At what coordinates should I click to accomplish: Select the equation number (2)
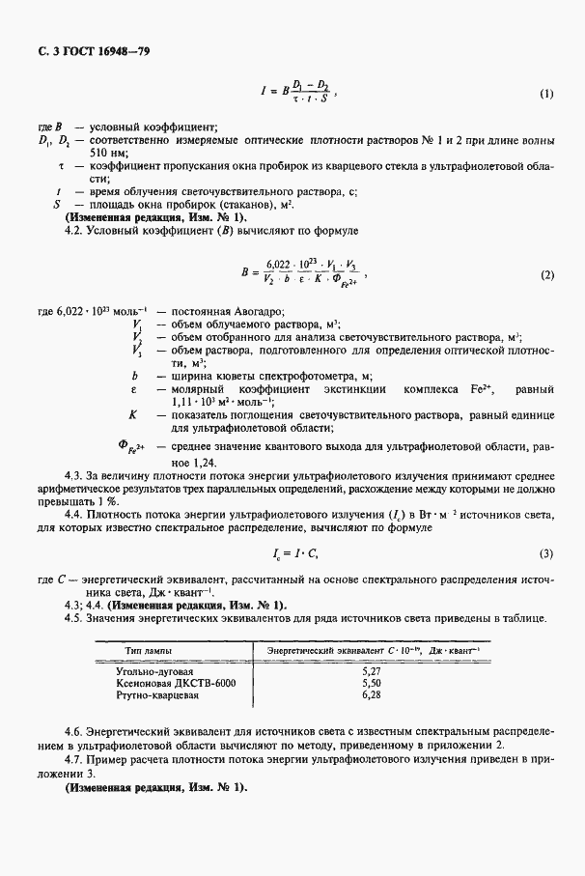[546, 275]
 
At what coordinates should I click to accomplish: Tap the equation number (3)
[546, 553]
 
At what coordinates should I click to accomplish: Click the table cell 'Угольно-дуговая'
[154, 668]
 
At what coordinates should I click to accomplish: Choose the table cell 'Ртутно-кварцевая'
[157, 693]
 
